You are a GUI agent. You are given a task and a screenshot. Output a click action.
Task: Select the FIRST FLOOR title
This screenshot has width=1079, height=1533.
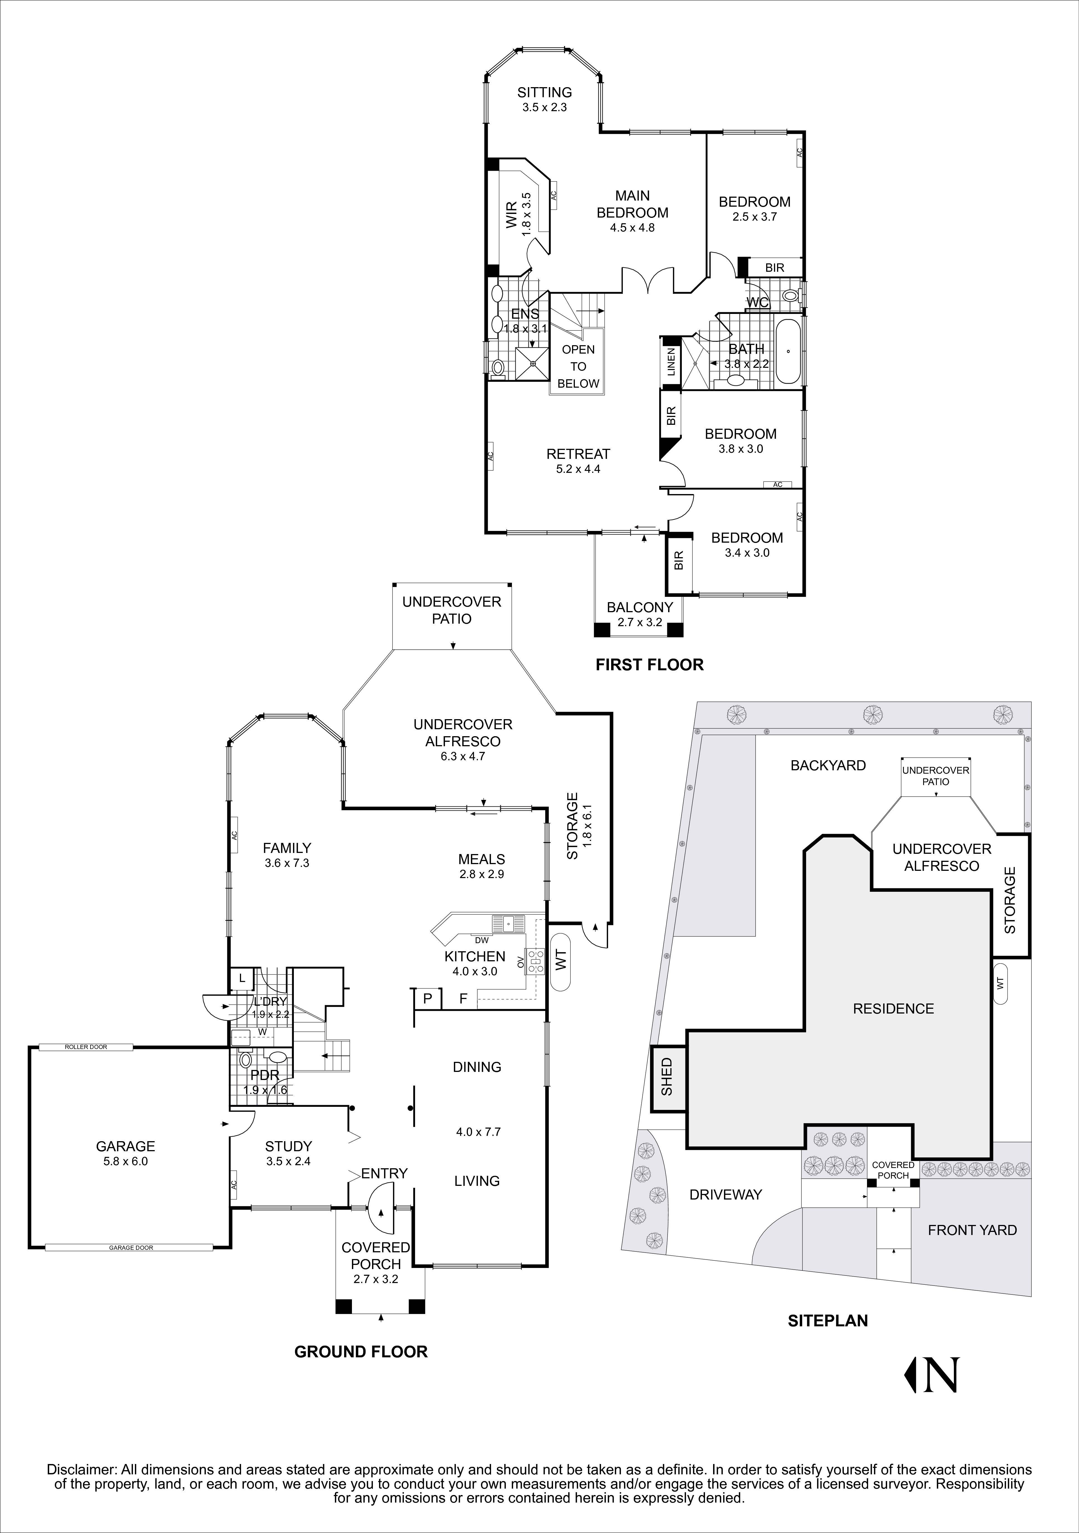(x=649, y=664)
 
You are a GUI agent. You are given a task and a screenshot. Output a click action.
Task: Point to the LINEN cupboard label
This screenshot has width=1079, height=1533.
(x=671, y=361)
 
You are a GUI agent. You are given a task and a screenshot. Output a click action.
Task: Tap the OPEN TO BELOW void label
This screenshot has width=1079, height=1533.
(x=578, y=366)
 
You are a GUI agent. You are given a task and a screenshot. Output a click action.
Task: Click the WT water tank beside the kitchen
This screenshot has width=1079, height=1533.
(x=560, y=960)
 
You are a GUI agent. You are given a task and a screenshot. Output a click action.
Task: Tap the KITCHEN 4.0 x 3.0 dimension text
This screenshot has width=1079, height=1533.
(x=475, y=971)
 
